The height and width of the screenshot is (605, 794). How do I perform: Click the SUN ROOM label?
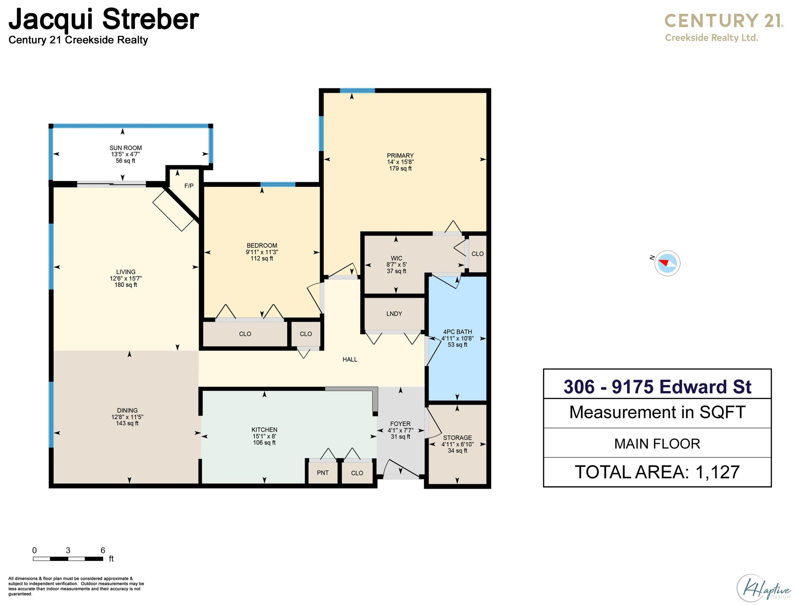click(x=125, y=148)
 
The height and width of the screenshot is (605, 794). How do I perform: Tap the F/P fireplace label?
click(x=189, y=186)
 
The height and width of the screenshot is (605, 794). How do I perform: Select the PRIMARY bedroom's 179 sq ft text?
click(x=400, y=168)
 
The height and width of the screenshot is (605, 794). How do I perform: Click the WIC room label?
click(x=396, y=258)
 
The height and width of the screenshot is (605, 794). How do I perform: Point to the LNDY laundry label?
click(x=394, y=314)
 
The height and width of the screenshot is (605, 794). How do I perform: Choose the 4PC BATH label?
click(x=457, y=332)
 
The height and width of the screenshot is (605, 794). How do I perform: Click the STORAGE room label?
click(x=457, y=438)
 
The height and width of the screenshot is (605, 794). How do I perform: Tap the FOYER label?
click(x=400, y=424)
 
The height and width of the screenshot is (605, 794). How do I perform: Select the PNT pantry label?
click(x=323, y=473)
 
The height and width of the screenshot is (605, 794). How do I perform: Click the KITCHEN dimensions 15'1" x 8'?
click(x=264, y=436)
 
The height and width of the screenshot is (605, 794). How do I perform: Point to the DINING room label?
click(x=127, y=410)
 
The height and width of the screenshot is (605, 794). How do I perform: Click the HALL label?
click(x=350, y=360)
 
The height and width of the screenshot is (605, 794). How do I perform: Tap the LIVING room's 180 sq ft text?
click(x=126, y=284)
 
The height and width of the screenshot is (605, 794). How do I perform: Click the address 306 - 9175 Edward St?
click(x=657, y=387)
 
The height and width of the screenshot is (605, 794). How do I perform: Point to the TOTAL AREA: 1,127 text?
click(x=657, y=472)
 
